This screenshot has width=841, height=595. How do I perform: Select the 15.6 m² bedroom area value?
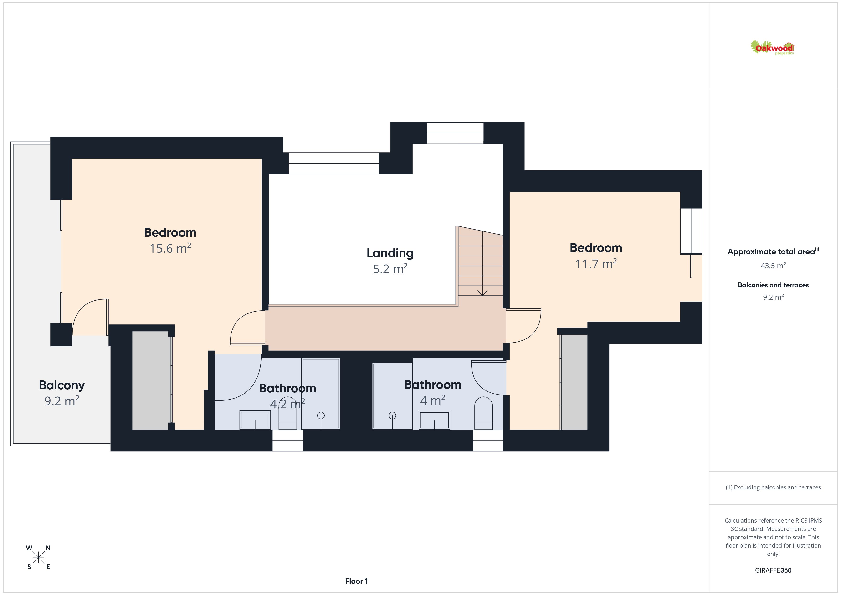pyautogui.click(x=170, y=248)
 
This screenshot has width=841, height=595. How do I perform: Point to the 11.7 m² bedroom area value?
pyautogui.click(x=596, y=263)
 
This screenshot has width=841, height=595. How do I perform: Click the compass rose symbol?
pyautogui.click(x=38, y=558)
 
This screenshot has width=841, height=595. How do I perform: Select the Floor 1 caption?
pyautogui.click(x=356, y=581)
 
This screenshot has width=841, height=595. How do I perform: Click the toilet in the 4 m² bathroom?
pyautogui.click(x=483, y=413)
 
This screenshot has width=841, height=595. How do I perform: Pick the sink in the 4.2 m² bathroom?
pyautogui.click(x=255, y=420)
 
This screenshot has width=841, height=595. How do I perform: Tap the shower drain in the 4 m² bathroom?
pyautogui.click(x=392, y=415)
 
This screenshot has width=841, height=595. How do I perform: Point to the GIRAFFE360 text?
pyautogui.click(x=773, y=570)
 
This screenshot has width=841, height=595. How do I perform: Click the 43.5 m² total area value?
pyautogui.click(x=773, y=265)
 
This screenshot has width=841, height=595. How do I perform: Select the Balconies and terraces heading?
pyautogui.click(x=773, y=285)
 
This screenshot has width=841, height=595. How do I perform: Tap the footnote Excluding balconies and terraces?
pyautogui.click(x=773, y=487)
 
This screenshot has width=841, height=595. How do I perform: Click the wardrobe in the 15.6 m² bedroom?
pyautogui.click(x=152, y=380)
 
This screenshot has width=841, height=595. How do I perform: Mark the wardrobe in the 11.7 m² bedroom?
pyautogui.click(x=574, y=382)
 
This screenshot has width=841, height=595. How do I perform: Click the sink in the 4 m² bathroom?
pyautogui.click(x=434, y=420)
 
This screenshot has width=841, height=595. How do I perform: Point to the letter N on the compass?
pyautogui.click(x=48, y=548)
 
